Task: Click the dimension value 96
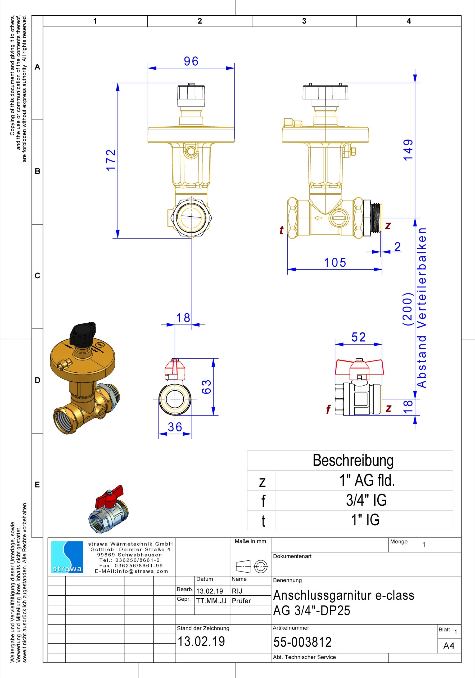coord(191,61)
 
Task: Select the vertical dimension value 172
coord(111,160)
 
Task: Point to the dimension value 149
coord(408,150)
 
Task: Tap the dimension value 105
coord(335,262)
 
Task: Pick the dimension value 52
coord(359,337)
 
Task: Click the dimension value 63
coord(206,387)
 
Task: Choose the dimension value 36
coord(175,427)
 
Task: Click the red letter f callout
coord(328,409)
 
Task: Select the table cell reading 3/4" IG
coord(366,500)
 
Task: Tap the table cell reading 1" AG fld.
coord(367,480)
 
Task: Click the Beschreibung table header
coord(353,460)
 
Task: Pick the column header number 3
coord(304,21)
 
